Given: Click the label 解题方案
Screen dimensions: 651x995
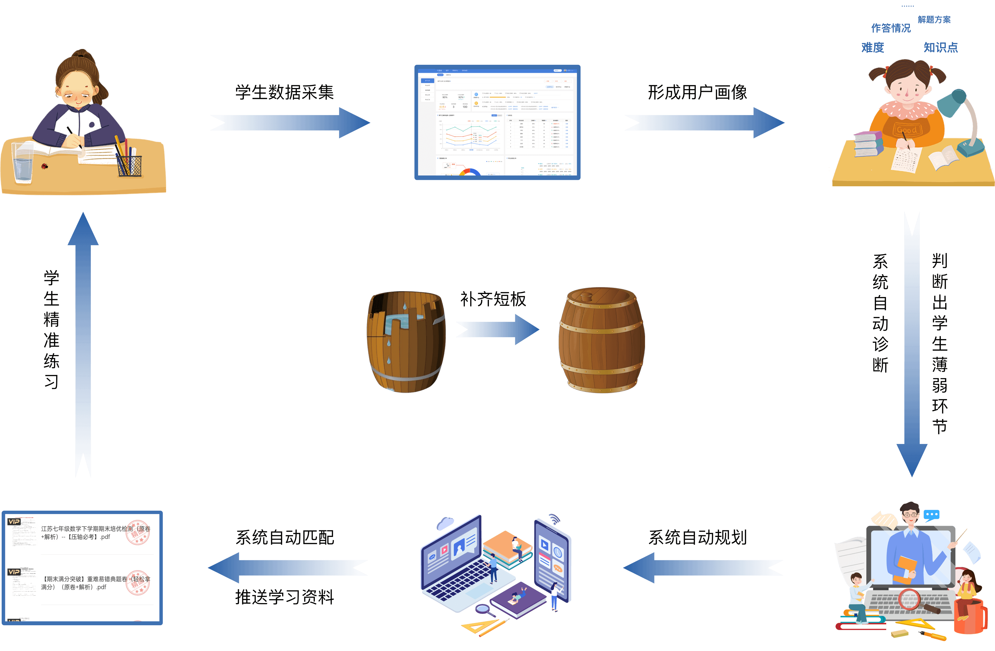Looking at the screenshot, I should click(934, 20).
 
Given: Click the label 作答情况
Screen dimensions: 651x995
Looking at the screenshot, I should click(890, 28).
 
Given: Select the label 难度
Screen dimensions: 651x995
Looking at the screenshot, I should click(873, 48).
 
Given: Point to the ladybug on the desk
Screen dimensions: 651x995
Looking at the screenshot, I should click(44, 166).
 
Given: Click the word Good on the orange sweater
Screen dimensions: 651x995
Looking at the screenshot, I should click(906, 130).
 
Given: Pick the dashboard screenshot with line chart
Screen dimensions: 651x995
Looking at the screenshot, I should click(497, 122).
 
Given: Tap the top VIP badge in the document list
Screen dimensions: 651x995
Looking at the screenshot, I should click(14, 521).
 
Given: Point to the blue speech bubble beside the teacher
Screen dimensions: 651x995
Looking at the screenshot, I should click(931, 515).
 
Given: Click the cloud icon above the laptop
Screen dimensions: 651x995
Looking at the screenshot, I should click(446, 523).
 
